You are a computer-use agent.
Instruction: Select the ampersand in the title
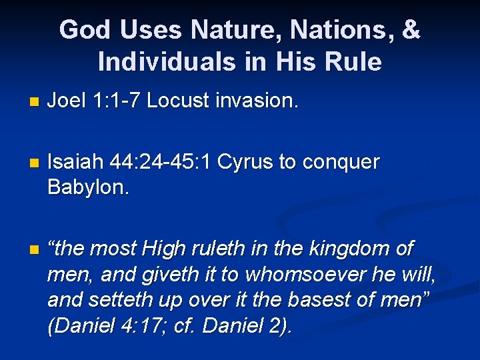412,31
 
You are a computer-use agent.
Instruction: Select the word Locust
178,101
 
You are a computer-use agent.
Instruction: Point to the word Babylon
88,187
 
